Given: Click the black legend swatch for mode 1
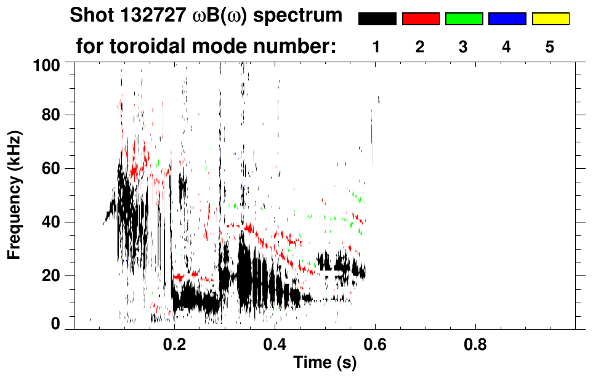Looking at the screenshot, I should [x=377, y=19].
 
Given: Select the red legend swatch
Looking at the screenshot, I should [x=420, y=19].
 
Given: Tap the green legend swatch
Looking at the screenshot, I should [x=463, y=19].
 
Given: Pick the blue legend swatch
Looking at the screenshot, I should [x=507, y=19].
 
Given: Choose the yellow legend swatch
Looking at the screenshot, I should [x=550, y=19].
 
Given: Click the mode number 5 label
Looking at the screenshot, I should [x=550, y=47].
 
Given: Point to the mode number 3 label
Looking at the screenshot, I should [x=463, y=47].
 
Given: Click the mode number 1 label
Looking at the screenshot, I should [x=377, y=47].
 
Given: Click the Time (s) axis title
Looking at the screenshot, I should [x=324, y=362].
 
